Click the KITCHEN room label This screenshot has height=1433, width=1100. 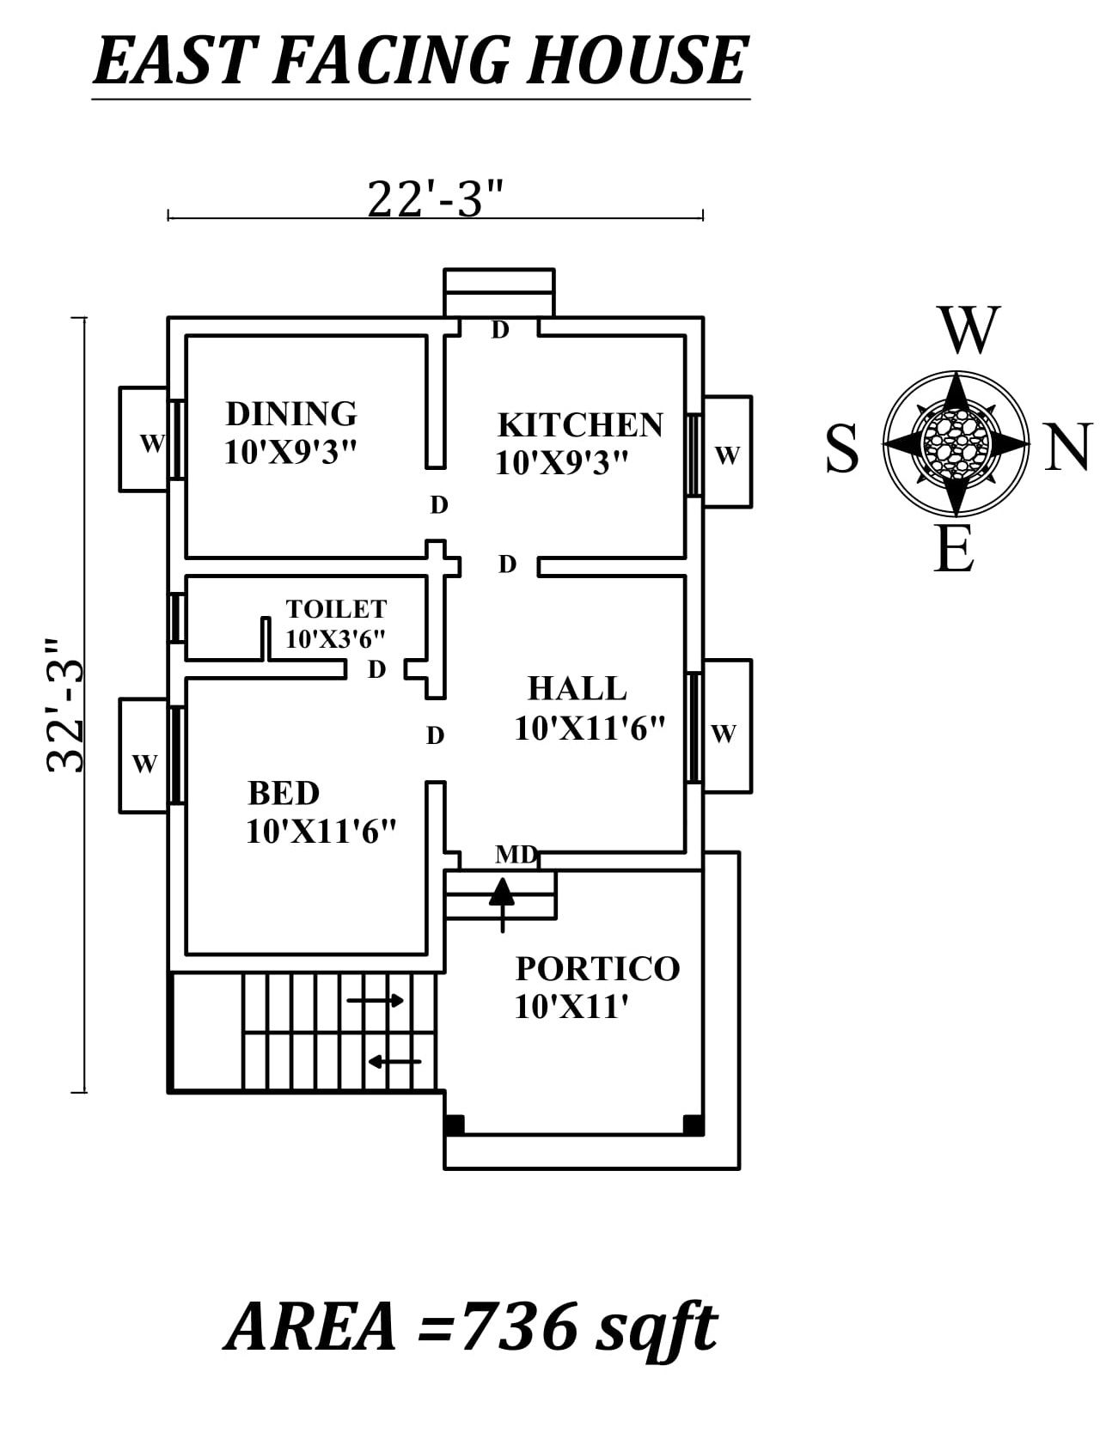[580, 425]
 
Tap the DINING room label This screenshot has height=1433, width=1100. [290, 414]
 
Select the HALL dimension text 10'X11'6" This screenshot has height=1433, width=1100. [590, 729]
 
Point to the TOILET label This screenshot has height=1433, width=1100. [336, 609]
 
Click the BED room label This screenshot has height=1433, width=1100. [284, 793]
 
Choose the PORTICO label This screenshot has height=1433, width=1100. [597, 969]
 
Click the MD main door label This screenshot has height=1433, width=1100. [516, 855]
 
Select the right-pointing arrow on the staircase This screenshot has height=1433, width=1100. [376, 1001]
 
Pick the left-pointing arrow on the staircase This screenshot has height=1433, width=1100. [394, 1062]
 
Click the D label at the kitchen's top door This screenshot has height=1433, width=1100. [500, 330]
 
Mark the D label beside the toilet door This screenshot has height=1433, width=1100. [376, 669]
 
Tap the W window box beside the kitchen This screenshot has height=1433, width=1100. [727, 453]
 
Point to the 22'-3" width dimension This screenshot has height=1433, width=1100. [434, 199]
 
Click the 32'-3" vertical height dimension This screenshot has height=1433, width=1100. [66, 704]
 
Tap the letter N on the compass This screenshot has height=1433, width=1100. [1066, 448]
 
